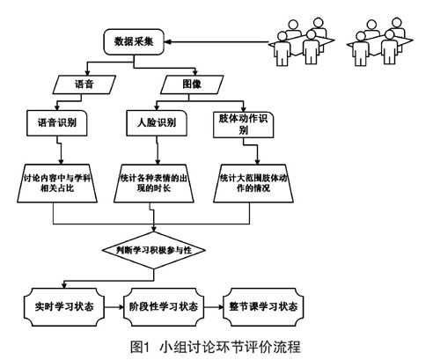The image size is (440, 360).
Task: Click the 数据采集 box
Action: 134,41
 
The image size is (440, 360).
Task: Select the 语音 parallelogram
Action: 84,84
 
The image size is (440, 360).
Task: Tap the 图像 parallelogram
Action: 192,84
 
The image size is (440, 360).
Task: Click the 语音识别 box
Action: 57,123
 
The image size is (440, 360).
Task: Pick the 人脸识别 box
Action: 157,123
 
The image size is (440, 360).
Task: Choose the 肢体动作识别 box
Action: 243,124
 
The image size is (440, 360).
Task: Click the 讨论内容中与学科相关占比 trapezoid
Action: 57,183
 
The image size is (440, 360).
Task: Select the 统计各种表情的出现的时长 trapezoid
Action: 154,183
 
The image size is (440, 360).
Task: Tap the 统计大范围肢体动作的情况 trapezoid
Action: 253,183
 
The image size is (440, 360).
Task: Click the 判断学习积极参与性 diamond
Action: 154,250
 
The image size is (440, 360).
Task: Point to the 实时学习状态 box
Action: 64,307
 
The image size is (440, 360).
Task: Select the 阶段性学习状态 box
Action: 164,307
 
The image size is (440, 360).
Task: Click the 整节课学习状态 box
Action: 263,307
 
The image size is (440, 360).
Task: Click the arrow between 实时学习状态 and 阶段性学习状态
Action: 114,307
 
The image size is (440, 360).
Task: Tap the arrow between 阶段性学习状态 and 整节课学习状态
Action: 214,307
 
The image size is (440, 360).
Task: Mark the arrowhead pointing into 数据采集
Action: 167,42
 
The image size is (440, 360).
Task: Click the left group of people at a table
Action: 302,41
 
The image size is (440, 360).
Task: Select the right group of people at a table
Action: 380,41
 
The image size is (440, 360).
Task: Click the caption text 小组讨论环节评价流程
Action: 231,347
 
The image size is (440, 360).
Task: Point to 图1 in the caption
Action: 140,347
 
